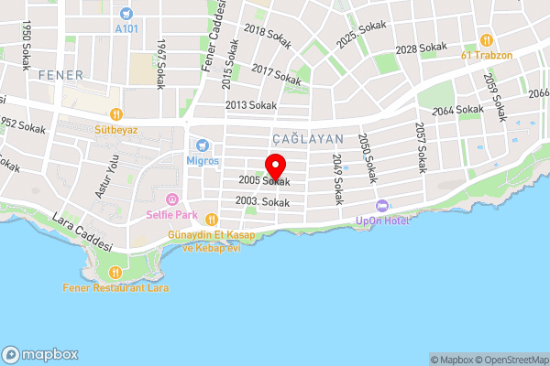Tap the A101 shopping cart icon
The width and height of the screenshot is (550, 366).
pos(126,14)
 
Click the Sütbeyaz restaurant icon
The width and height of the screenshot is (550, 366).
pos(116,114)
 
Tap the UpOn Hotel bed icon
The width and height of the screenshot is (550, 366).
pos(382,205)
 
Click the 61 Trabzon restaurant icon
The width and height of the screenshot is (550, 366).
pos(486,40)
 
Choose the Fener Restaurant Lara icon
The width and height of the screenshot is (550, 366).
pos(115,272)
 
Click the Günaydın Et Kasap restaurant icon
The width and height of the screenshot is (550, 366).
pos(212,219)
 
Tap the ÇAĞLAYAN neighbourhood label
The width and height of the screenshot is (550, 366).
pos(307,138)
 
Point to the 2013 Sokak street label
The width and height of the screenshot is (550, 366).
pos(250,105)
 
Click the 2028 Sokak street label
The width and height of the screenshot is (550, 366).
pos(419,48)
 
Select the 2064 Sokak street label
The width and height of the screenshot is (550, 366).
pos(457,111)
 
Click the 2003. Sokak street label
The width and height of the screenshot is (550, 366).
pos(262,200)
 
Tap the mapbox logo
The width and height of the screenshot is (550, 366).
pos(39,354)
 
